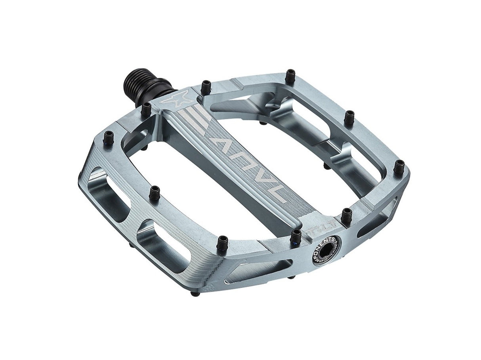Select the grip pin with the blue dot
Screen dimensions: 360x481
coord(296,236)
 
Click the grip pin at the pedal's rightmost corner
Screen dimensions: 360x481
coord(399,167)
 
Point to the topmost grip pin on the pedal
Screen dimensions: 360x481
coord(290,75)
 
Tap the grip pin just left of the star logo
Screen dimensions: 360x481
coord(146,109)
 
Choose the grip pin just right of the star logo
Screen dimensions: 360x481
coord(206,87)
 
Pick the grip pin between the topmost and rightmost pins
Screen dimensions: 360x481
coord(349,118)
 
